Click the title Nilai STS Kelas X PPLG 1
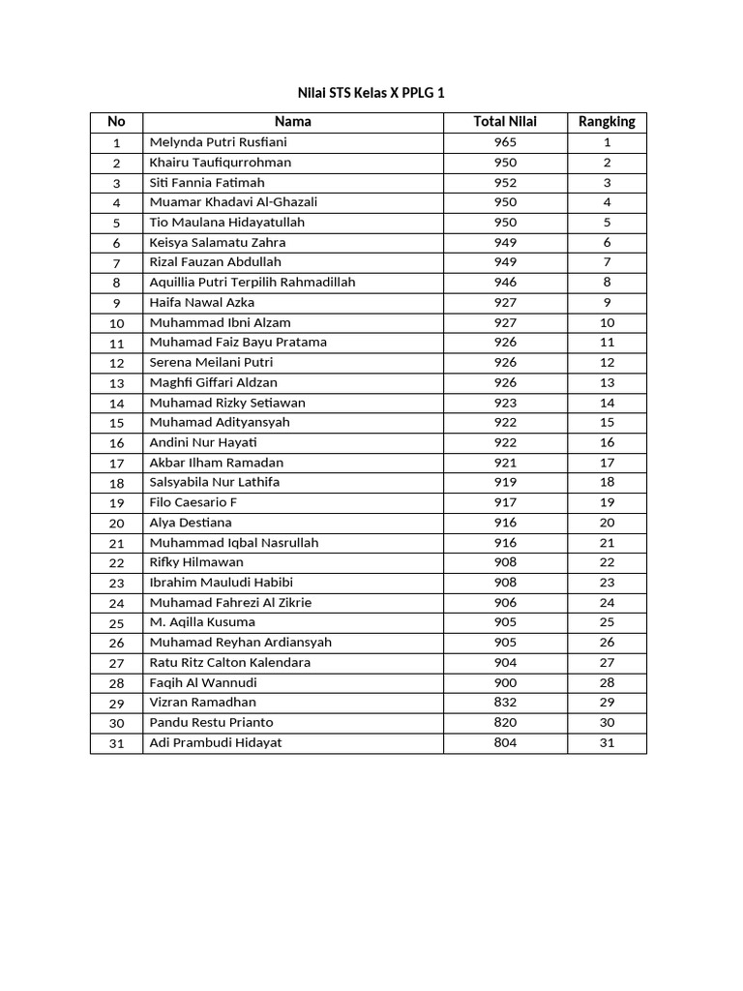tap(371, 93)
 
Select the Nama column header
tap(292, 122)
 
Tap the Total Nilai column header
tap(505, 122)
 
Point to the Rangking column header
tap(607, 122)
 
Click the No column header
tap(116, 122)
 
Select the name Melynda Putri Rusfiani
tap(219, 142)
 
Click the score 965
tap(505, 142)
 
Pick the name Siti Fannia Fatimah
tap(207, 182)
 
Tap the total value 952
tap(505, 182)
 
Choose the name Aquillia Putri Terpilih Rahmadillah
tap(253, 283)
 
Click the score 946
tap(505, 283)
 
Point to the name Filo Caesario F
tap(193, 502)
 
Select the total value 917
tap(505, 502)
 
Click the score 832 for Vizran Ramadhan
tap(505, 703)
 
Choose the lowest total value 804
tap(505, 743)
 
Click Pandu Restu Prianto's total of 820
tap(505, 723)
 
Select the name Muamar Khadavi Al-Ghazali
tap(233, 202)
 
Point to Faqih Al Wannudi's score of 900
tap(505, 682)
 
